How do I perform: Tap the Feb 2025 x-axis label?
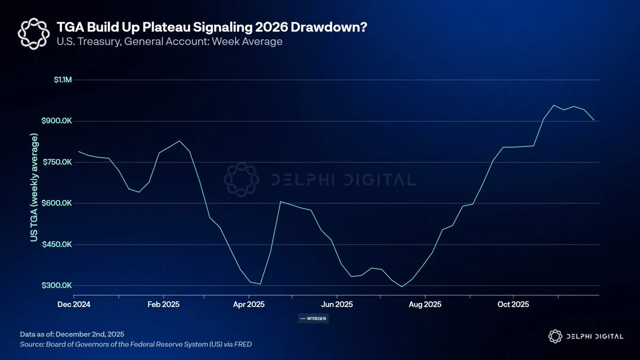[x=163, y=305]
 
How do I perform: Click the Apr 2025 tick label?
[x=250, y=305]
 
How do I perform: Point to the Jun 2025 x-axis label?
[x=337, y=305]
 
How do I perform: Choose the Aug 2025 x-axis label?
[x=425, y=305]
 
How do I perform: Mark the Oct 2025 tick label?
[x=513, y=305]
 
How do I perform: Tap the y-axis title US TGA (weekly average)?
[x=35, y=188]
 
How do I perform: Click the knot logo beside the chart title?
[x=34, y=34]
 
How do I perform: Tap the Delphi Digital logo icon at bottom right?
[x=555, y=336]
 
